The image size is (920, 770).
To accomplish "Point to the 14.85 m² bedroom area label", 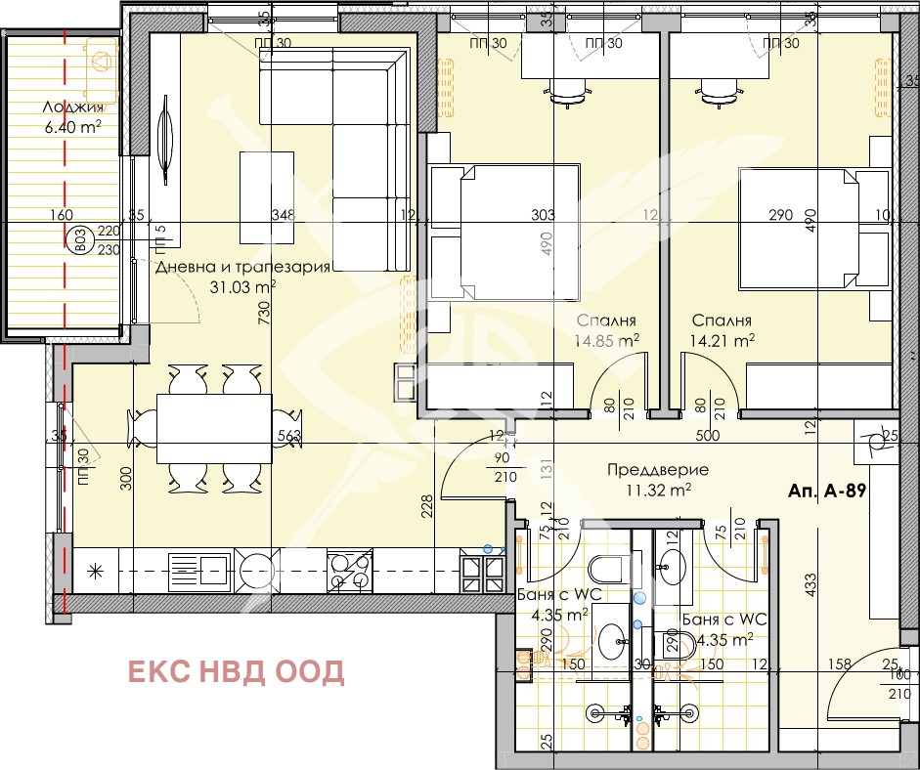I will pos(607,340).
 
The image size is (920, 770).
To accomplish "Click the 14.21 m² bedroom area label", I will pos(723,340).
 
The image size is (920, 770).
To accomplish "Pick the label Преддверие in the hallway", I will pos(658,469).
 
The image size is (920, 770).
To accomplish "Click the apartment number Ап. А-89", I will pos(827,492).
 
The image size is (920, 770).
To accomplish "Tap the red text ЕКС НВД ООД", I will pos(237,671).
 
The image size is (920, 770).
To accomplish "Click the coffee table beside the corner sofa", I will pos(267,196).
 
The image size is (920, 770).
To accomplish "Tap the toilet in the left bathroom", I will pos(604,570).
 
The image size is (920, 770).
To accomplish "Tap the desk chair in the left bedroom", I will pos(569,91).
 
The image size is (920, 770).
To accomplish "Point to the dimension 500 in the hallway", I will pos(707,437).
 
